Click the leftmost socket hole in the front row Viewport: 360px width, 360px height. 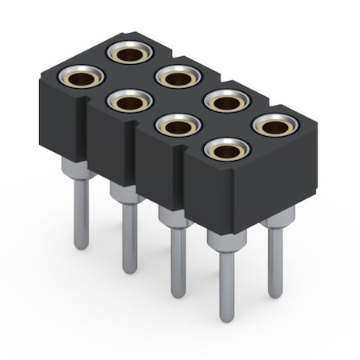[82, 77]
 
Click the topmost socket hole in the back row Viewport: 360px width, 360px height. [130, 53]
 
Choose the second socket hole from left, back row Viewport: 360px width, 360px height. [178, 77]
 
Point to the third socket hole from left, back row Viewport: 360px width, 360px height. [228, 101]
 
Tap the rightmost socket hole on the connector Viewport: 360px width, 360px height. [277, 125]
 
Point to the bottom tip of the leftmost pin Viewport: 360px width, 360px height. [82, 246]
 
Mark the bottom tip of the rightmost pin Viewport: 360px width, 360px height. [275, 294]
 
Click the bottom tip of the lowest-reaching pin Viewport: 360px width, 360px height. [227, 318]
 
